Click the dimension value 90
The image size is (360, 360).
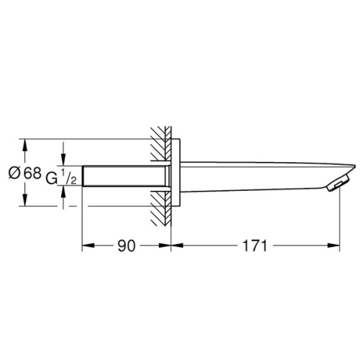126,246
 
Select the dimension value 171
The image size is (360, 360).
255,246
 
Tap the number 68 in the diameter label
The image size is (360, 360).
32,174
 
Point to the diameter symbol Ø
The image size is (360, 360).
14,174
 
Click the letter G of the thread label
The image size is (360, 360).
51,177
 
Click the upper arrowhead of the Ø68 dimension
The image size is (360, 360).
25,144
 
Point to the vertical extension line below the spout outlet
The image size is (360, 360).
339,223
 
